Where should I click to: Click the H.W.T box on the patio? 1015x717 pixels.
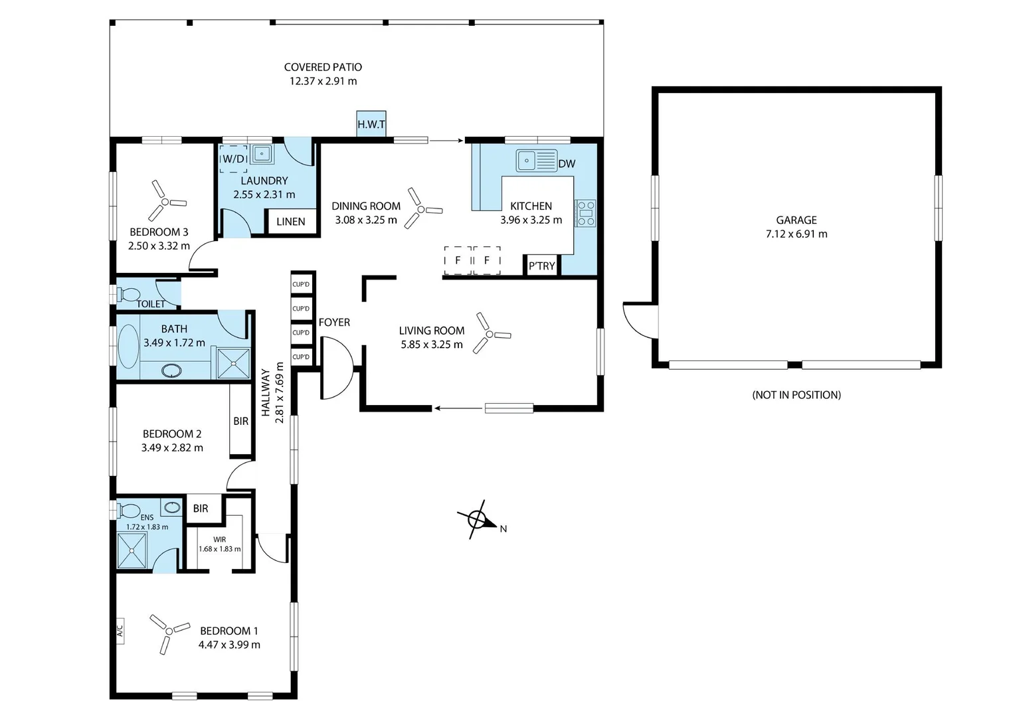click(371, 124)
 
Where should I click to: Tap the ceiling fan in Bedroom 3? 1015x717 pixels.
click(164, 200)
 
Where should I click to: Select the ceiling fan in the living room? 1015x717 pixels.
click(490, 334)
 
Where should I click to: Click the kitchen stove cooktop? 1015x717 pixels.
click(585, 213)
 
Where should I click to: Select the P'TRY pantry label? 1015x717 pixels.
click(541, 266)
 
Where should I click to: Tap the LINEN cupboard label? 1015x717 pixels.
click(290, 222)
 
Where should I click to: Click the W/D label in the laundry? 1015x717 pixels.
click(234, 159)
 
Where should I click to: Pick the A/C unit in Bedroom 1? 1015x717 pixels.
click(120, 629)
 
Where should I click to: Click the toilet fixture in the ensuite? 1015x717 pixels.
click(128, 511)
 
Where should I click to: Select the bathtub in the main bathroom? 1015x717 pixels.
click(128, 346)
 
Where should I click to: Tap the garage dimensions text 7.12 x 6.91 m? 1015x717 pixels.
click(796, 234)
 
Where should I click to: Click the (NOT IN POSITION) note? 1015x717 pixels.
click(796, 395)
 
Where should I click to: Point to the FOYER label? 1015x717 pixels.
click(334, 322)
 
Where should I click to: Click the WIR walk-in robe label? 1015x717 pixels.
click(219, 540)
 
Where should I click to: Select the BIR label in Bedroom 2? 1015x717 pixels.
click(240, 421)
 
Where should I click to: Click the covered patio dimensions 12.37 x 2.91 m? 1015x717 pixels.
click(323, 81)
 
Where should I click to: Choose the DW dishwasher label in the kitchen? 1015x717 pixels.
click(567, 164)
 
